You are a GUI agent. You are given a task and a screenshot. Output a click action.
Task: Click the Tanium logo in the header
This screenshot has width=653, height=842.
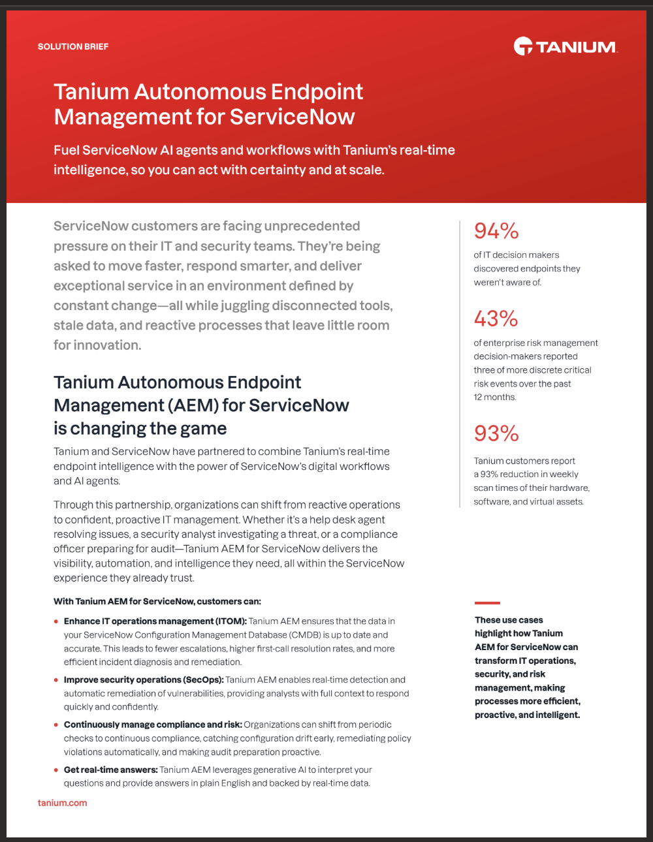tap(565, 46)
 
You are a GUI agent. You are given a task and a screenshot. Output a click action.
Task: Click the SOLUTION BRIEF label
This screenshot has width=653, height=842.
tap(73, 47)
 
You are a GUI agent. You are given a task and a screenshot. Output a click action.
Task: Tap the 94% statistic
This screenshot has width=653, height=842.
tap(496, 231)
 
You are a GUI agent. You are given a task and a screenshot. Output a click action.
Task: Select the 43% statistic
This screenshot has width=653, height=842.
tap(496, 319)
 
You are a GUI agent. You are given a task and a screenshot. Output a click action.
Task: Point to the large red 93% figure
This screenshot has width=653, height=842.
tap(496, 433)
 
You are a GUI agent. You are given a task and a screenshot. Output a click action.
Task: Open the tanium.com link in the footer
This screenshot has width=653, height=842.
tap(63, 803)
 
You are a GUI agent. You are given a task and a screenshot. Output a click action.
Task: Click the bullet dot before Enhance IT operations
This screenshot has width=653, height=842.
tap(56, 621)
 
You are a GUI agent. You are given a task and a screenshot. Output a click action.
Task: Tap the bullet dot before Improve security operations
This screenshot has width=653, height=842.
tap(56, 680)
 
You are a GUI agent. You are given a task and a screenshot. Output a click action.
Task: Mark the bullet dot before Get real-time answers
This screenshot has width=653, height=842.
tap(56, 770)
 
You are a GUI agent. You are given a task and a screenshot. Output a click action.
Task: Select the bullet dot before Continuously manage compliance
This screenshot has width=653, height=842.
tap(56, 725)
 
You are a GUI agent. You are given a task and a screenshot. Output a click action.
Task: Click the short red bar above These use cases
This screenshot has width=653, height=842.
tap(487, 602)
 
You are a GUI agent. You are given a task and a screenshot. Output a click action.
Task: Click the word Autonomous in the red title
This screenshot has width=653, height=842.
tap(201, 92)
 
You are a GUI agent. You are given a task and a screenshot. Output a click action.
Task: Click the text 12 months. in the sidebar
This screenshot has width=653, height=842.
tap(495, 398)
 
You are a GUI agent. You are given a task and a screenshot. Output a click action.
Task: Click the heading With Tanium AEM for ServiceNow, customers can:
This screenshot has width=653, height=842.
tap(157, 601)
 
